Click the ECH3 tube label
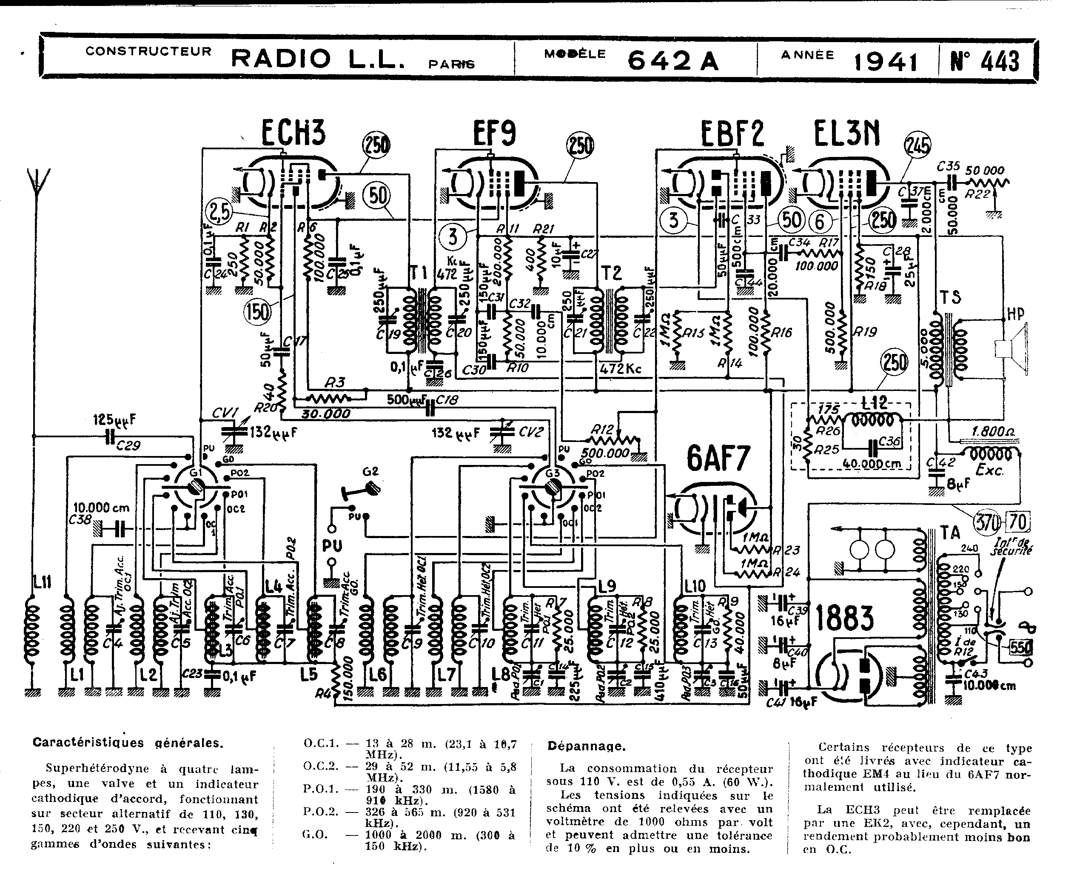(293, 133)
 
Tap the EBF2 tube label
(732, 134)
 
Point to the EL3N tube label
(846, 134)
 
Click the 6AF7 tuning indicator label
(718, 458)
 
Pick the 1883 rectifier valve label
(844, 618)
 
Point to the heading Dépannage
(587, 745)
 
